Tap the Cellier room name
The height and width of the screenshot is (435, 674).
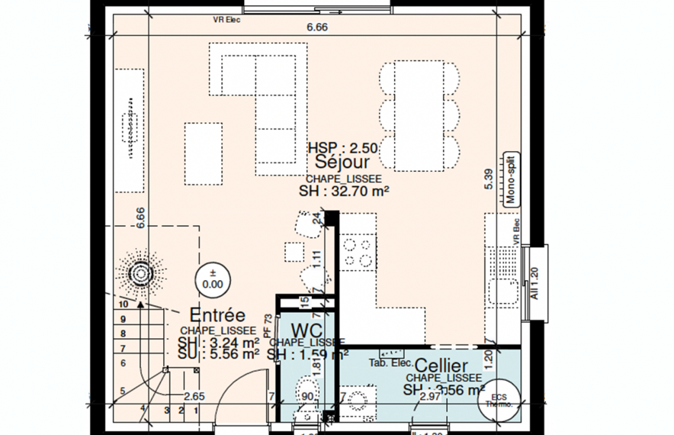[x=442, y=366]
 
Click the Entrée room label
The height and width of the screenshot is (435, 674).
[x=217, y=315]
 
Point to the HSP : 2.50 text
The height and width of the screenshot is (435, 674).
[x=342, y=147]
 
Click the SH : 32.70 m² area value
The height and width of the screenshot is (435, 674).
[x=344, y=192]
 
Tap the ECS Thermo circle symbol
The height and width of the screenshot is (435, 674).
[x=499, y=401]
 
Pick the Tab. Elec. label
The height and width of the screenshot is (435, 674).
[x=390, y=362]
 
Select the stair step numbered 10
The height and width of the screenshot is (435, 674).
[x=124, y=304]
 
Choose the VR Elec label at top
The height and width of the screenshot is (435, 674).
[x=226, y=21]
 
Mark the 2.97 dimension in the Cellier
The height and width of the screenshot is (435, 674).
[x=430, y=396]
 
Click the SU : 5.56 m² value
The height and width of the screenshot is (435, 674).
[x=219, y=353]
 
